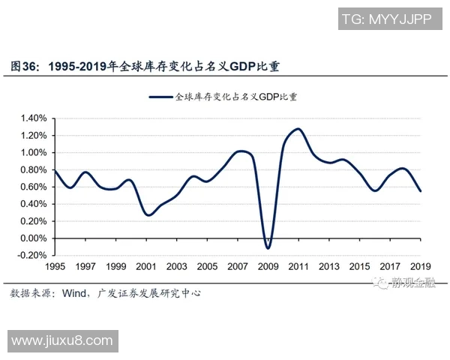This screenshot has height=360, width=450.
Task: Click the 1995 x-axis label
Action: (55, 266)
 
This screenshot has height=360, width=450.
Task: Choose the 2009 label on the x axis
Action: (268, 266)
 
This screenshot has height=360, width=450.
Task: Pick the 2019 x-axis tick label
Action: (420, 266)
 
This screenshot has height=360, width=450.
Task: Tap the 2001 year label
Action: (146, 266)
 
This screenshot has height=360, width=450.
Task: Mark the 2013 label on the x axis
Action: (328, 266)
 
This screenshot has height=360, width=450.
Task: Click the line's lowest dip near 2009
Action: (268, 247)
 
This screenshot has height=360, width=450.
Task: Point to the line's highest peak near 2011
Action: (298, 129)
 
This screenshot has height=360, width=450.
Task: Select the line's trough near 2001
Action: (148, 215)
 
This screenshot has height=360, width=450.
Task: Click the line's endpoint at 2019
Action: (420, 190)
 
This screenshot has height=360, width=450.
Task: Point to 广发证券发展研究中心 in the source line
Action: (149, 293)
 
